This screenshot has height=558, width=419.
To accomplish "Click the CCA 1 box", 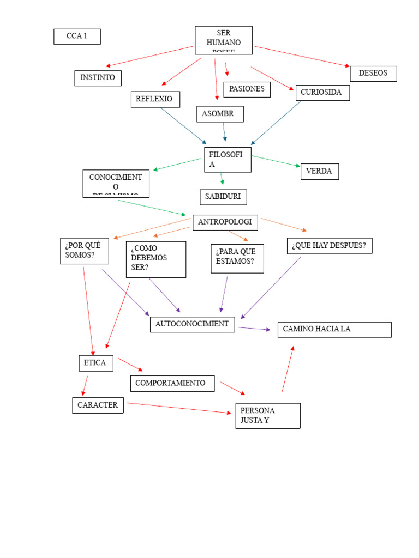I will (x=77, y=37).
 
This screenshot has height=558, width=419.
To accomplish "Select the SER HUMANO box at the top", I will (x=224, y=40).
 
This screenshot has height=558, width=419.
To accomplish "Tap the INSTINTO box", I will (x=98, y=78).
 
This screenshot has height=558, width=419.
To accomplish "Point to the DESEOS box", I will (x=373, y=74).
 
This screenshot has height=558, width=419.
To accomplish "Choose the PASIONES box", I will (x=247, y=89).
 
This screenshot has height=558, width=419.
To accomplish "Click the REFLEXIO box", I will (x=155, y=99).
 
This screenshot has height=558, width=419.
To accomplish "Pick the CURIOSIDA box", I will (x=322, y=93).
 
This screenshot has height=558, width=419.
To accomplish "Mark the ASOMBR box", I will (x=220, y=114).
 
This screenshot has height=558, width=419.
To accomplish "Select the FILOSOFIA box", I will (x=228, y=160).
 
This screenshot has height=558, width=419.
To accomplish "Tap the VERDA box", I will (x=319, y=172).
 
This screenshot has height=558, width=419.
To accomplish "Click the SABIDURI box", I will (x=223, y=197).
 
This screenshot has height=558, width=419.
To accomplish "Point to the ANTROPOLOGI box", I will (x=225, y=222).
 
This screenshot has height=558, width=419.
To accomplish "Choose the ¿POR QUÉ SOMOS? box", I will (x=84, y=251).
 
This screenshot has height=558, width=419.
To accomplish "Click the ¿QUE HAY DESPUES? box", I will (x=330, y=246).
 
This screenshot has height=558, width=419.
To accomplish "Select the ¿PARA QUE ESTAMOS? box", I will (x=237, y=258).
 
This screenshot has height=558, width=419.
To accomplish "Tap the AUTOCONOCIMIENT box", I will (x=193, y=324).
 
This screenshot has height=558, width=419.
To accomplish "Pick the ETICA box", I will (x=96, y=363).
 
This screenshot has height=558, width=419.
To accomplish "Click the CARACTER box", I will (x=98, y=405).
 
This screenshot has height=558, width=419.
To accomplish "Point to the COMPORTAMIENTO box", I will (x=172, y=383).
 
